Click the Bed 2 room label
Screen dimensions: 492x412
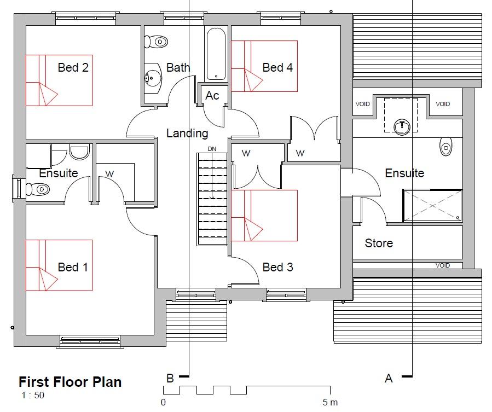tap(73, 67)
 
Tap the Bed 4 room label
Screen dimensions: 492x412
tap(277, 67)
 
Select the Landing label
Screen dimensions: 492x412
tap(187, 134)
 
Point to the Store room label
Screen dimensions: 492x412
tap(379, 243)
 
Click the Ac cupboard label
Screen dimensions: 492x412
tap(212, 95)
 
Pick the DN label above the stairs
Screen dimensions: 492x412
tap(212, 149)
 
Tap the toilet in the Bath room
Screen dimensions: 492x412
tap(156, 42)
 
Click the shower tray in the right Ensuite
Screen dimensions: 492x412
tap(432, 206)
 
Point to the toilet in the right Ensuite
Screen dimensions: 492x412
tap(445, 146)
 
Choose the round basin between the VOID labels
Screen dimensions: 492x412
tap(402, 127)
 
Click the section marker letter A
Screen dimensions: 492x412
tap(389, 378)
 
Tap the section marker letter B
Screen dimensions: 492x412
tap(170, 378)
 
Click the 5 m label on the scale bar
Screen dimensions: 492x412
tap(330, 402)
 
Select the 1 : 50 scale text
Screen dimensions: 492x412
tap(33, 395)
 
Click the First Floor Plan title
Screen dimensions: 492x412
tap(70, 382)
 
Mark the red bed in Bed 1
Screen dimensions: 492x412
tap(59, 265)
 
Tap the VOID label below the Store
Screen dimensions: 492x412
tap(442, 265)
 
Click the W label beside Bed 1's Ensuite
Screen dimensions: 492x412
tap(109, 173)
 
